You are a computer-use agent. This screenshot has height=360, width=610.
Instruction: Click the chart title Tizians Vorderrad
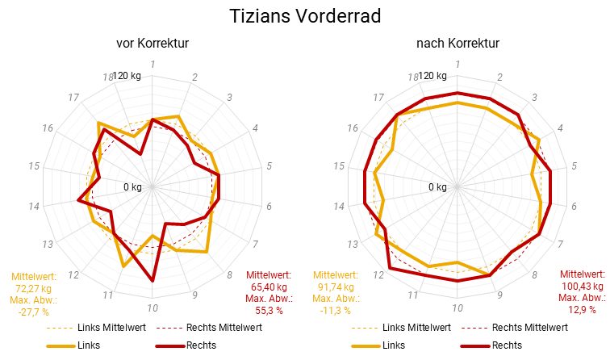[305, 16]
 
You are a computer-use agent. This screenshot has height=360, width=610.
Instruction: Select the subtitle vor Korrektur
[152, 43]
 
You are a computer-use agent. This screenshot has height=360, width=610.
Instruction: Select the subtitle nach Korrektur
[457, 43]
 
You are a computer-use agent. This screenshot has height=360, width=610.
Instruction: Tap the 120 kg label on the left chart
[127, 76]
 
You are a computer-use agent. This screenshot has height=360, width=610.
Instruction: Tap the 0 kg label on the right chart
[437, 187]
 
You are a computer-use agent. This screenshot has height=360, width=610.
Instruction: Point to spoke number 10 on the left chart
[152, 308]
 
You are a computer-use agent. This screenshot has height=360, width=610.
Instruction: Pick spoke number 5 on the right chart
[574, 166]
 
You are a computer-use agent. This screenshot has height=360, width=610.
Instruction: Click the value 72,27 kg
[33, 288]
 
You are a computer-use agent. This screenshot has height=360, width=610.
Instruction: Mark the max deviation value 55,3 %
[269, 310]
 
